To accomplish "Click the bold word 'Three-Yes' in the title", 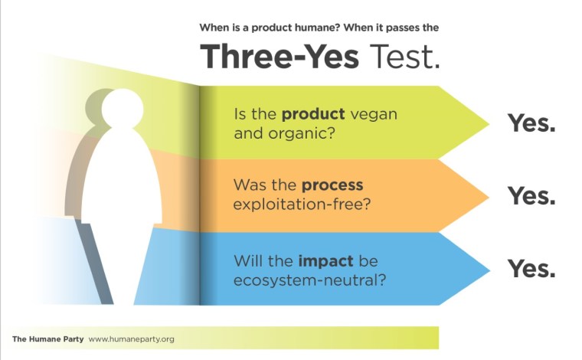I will tap(280, 57).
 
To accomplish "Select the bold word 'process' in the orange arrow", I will tap(332, 186).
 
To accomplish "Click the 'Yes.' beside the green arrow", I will tap(531, 123).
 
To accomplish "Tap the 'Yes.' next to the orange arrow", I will tap(531, 196).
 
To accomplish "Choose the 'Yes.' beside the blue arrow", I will tap(531, 269).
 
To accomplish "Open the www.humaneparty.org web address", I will tap(132, 339).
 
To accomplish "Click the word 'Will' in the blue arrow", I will tap(247, 259).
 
